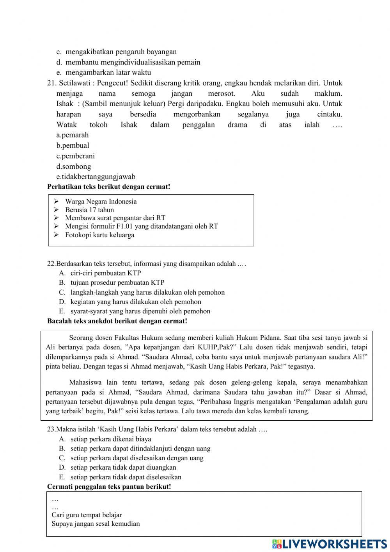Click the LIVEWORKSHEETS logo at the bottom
(x=330, y=544)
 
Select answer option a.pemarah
(x=73, y=135)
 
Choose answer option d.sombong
(x=74, y=166)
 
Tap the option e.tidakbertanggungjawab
(x=96, y=177)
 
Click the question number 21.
(x=52, y=83)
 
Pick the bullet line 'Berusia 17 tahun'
(x=89, y=210)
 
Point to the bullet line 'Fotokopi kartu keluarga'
(x=99, y=235)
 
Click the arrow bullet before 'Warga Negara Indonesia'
(x=56, y=202)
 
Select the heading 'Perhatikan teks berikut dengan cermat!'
(x=108, y=187)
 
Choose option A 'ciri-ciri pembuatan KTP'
(x=105, y=273)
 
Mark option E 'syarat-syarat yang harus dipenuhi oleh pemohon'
(x=140, y=311)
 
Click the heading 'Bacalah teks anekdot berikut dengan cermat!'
(x=117, y=321)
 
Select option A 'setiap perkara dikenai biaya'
(x=110, y=439)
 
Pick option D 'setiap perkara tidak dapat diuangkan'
(x=123, y=467)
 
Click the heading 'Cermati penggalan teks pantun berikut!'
(x=109, y=487)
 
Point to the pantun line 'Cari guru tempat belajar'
(x=87, y=515)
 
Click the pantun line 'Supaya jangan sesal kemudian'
(x=96, y=524)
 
